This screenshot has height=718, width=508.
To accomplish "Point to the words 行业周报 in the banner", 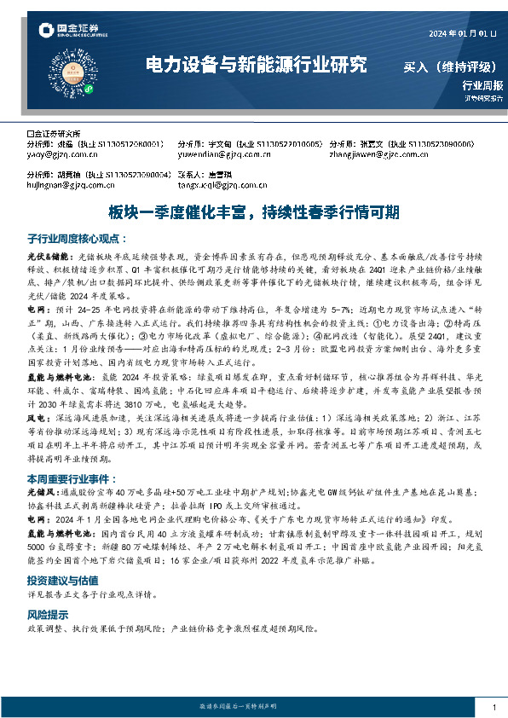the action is [x=482, y=85].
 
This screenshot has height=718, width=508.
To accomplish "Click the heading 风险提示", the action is [x=45, y=613].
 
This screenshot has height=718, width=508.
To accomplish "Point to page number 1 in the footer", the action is [x=494, y=707].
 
